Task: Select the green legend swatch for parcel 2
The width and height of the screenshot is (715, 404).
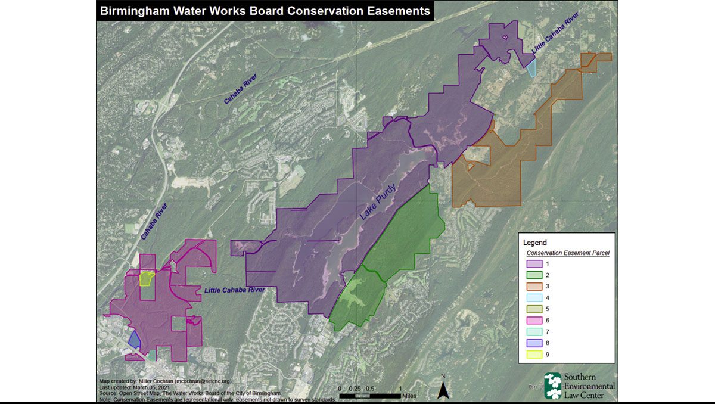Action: click(x=534, y=275)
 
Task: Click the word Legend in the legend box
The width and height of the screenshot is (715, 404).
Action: click(x=534, y=243)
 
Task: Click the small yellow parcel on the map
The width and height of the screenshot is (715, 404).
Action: click(x=146, y=278)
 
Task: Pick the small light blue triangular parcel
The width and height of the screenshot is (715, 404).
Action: click(x=531, y=68)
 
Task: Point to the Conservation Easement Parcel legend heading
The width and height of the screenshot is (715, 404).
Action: click(x=567, y=253)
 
